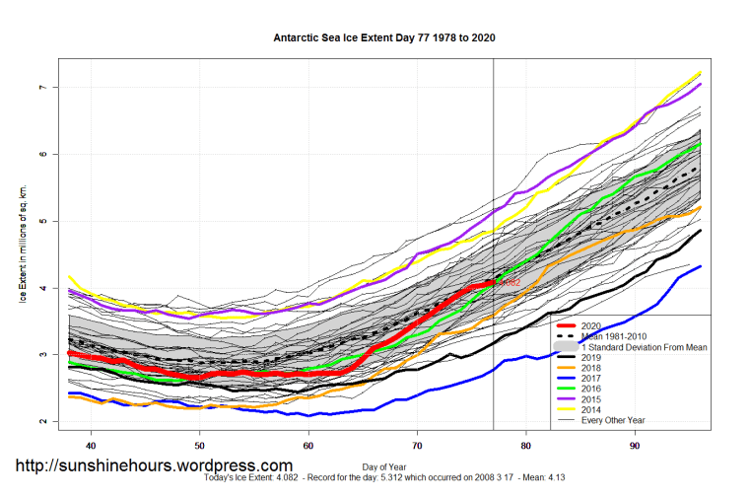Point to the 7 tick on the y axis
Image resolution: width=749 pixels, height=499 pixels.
click(x=43, y=88)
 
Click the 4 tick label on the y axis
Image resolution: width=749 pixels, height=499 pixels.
click(x=43, y=288)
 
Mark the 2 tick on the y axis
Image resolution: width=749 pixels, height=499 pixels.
click(x=43, y=421)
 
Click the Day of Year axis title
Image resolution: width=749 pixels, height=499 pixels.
click(x=383, y=464)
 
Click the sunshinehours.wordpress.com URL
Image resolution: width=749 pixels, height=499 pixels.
click(x=153, y=465)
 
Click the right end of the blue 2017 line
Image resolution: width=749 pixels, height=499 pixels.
click(x=700, y=266)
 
